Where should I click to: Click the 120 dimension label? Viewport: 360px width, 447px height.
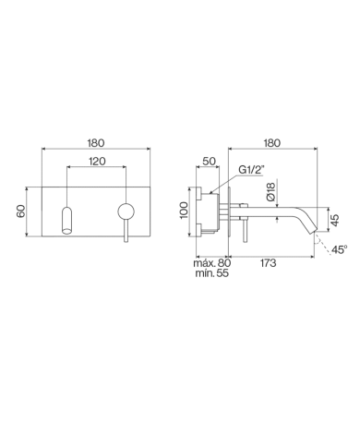coord(97,161)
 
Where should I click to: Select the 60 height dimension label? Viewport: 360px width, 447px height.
coord(21,211)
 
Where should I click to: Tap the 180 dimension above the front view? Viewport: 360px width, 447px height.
coord(96,143)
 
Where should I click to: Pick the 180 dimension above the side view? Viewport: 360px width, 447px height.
coord(272,143)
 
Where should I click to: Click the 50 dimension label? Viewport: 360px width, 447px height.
coord(210,161)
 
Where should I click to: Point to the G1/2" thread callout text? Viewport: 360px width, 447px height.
coord(252,170)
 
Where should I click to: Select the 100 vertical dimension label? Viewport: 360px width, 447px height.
coord(184,211)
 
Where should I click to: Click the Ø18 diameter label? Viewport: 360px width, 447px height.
coord(270,192)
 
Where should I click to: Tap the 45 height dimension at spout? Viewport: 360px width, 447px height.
coord(335,220)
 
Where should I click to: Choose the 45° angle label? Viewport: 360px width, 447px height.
coord(340,249)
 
